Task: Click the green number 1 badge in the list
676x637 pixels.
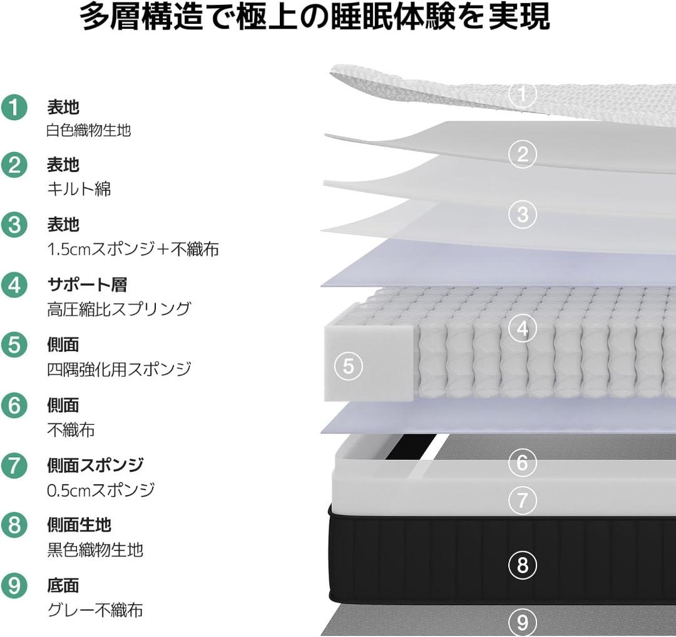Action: [x=14, y=107]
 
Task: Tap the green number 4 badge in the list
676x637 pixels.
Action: [x=14, y=285]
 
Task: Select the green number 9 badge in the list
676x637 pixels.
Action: [x=14, y=586]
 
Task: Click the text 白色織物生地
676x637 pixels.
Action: [x=89, y=130]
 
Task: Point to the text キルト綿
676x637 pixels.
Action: [x=79, y=189]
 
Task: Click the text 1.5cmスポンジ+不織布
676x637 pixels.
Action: [x=133, y=249]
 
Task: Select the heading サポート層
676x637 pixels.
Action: [x=87, y=285]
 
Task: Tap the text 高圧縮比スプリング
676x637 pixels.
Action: [x=118, y=309]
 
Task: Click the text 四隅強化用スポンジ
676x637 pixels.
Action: [x=119, y=369]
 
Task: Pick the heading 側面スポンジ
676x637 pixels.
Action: [x=95, y=465]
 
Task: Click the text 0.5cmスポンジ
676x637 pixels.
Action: [x=101, y=490]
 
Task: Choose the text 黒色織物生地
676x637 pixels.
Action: [x=95, y=549]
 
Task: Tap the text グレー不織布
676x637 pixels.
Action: [x=95, y=610]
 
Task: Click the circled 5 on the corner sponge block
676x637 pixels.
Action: [x=349, y=366]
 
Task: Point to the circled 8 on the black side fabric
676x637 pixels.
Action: [x=522, y=564]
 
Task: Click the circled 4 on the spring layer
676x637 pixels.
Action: [x=522, y=329]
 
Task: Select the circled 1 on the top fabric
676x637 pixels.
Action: [x=522, y=93]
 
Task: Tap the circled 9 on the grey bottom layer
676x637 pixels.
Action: [x=522, y=623]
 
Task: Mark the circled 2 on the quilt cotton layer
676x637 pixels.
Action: [x=522, y=155]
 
